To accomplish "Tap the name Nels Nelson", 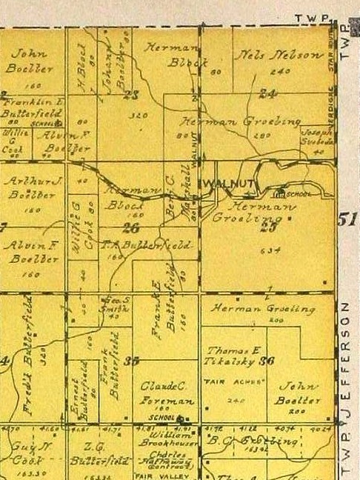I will point(279,55).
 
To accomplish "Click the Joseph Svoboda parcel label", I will point(316,136).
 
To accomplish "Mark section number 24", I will point(267,94).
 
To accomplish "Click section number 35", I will point(132,361).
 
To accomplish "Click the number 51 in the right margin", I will point(345,219).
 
